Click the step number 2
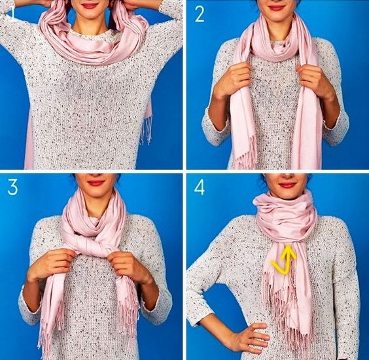(200, 14)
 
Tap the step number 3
(12, 187)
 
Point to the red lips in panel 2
(276, 8)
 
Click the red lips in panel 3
(96, 183)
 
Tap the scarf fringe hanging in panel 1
(147, 131)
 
